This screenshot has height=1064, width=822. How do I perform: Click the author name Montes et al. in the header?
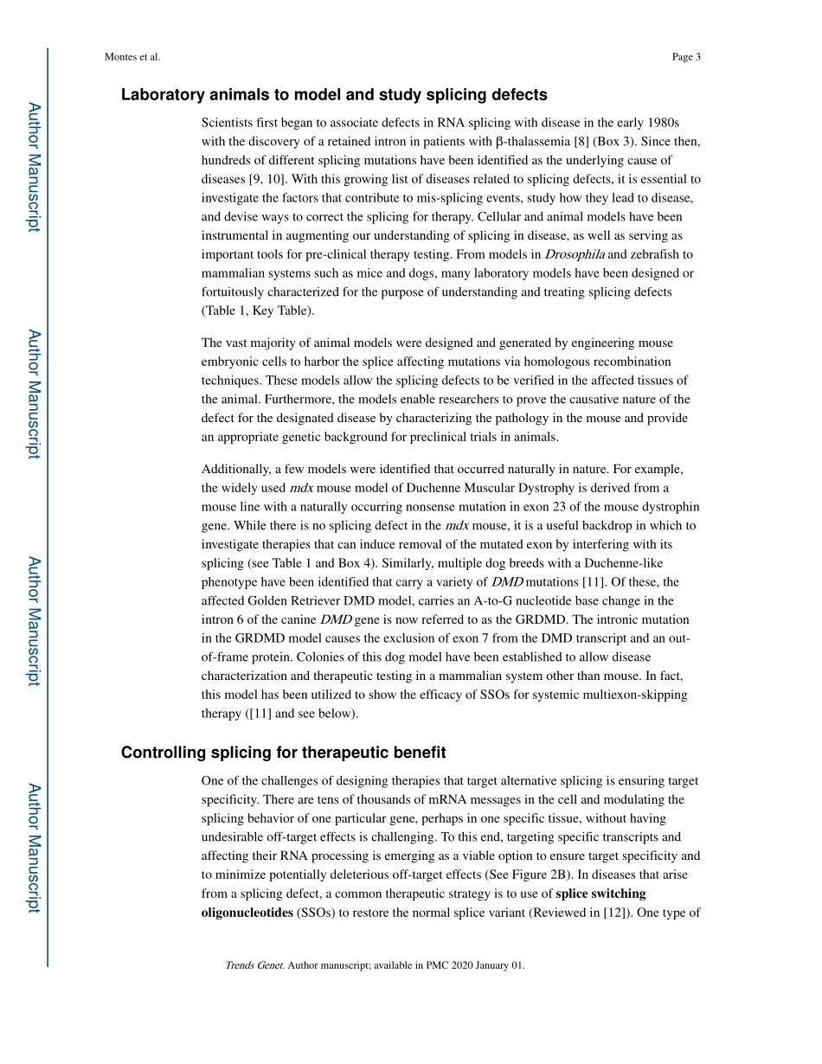tap(132, 57)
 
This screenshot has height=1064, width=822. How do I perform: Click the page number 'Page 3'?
tap(685, 57)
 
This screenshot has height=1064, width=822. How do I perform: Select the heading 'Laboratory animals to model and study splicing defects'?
tap(334, 94)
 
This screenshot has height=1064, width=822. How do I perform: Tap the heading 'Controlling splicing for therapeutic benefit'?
tap(283, 753)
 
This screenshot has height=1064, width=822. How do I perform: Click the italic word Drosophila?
tap(575, 254)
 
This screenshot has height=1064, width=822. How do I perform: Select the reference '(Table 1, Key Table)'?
tap(258, 311)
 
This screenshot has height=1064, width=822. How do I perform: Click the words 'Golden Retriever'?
tap(294, 600)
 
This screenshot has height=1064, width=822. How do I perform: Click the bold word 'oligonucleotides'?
tap(247, 912)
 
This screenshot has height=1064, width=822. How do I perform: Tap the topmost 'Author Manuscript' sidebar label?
tap(33, 167)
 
